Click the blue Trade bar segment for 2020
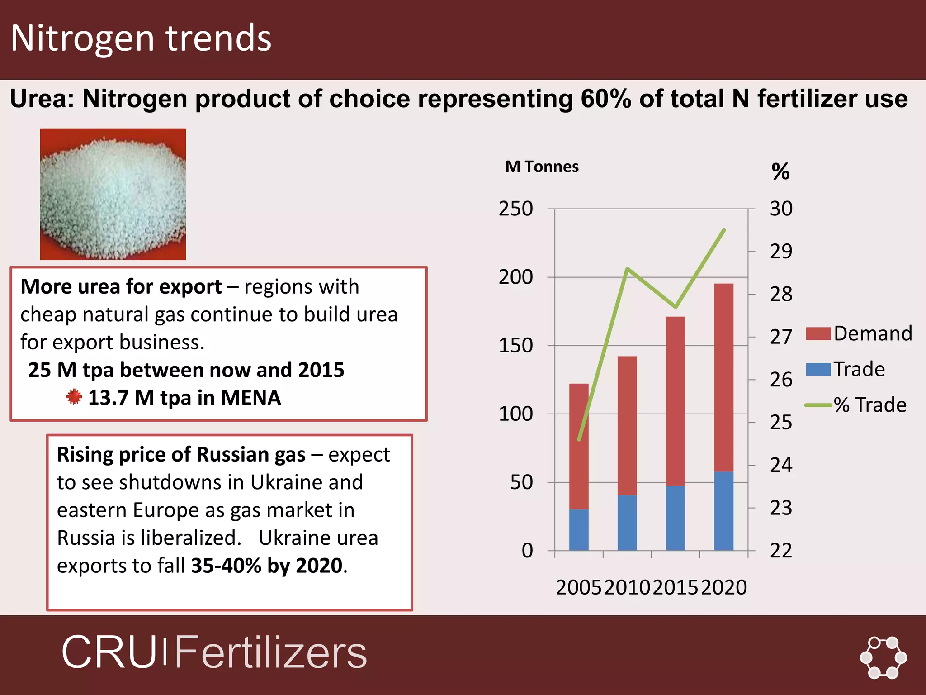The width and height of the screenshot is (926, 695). point(723,511)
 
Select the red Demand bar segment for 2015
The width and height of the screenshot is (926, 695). point(676,401)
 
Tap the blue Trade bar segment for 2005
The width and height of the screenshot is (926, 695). point(579,530)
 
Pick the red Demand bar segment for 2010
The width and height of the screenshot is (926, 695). point(627,425)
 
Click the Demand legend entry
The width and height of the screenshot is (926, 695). point(859,334)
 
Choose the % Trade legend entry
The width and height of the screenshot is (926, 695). point(856,405)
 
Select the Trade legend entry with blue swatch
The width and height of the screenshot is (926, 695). point(846,369)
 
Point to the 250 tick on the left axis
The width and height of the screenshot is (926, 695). point(515,209)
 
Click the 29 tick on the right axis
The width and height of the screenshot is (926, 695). point(781,252)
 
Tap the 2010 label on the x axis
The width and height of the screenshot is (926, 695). point(627,587)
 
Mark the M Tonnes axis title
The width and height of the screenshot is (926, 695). point(542,167)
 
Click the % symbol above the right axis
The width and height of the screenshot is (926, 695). point(780,171)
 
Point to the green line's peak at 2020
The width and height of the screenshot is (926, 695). point(724,230)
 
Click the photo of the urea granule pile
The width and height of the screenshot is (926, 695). point(113,194)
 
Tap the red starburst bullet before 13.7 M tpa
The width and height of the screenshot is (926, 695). point(74,397)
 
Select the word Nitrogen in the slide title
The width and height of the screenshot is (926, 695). point(82,38)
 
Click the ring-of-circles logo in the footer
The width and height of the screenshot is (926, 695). point(883,657)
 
